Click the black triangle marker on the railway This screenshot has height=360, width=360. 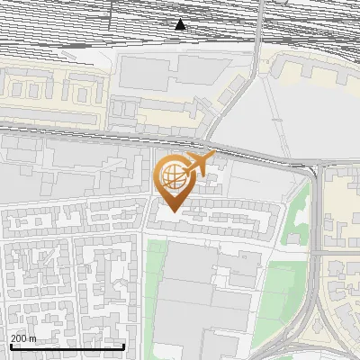[181, 24]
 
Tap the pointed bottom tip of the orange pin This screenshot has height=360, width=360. [171, 212]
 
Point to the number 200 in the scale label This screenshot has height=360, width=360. [17, 337]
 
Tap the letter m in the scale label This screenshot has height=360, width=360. [32, 337]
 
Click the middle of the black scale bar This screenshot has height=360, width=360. [67, 346]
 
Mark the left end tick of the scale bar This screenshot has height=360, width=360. [10, 346]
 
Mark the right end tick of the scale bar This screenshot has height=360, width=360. [123, 346]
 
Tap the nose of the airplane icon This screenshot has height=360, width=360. [214, 156]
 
